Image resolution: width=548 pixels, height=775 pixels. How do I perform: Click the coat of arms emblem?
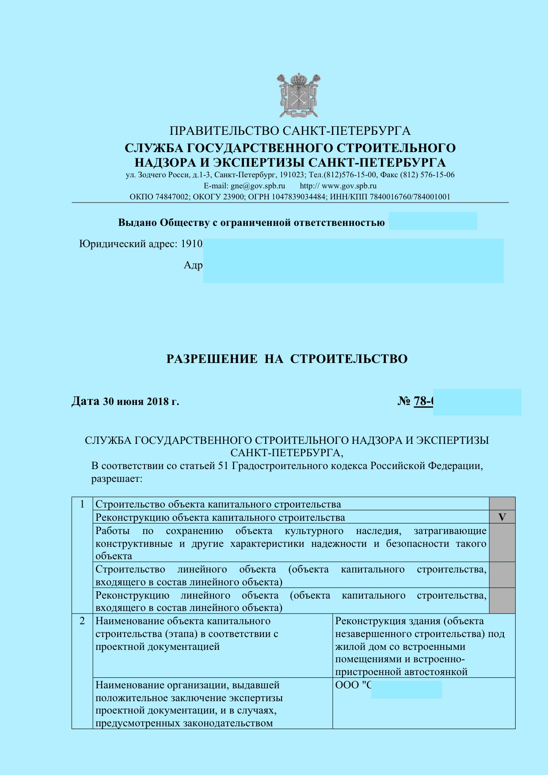(299, 95)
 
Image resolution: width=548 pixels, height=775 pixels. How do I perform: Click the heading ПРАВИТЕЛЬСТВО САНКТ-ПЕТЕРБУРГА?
(290, 131)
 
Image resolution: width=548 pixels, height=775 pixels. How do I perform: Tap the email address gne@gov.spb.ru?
(258, 186)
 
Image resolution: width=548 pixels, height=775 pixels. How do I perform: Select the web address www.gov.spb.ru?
(349, 186)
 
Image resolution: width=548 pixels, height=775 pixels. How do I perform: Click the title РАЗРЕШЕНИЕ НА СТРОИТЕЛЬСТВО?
(287, 359)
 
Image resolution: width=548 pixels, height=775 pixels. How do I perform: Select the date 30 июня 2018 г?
(141, 401)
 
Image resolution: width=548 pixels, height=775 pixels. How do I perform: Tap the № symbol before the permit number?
(404, 401)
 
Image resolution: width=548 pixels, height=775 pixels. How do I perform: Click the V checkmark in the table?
(502, 517)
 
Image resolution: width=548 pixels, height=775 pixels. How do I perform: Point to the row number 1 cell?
(82, 504)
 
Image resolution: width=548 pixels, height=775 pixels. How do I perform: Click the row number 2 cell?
(82, 621)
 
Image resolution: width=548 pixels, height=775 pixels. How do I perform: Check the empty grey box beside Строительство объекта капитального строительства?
(502, 504)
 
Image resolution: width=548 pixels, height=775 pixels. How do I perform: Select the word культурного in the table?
(314, 531)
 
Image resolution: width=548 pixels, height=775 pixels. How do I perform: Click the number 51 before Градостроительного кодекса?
(223, 466)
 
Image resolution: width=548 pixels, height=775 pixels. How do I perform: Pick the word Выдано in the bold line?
(137, 222)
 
